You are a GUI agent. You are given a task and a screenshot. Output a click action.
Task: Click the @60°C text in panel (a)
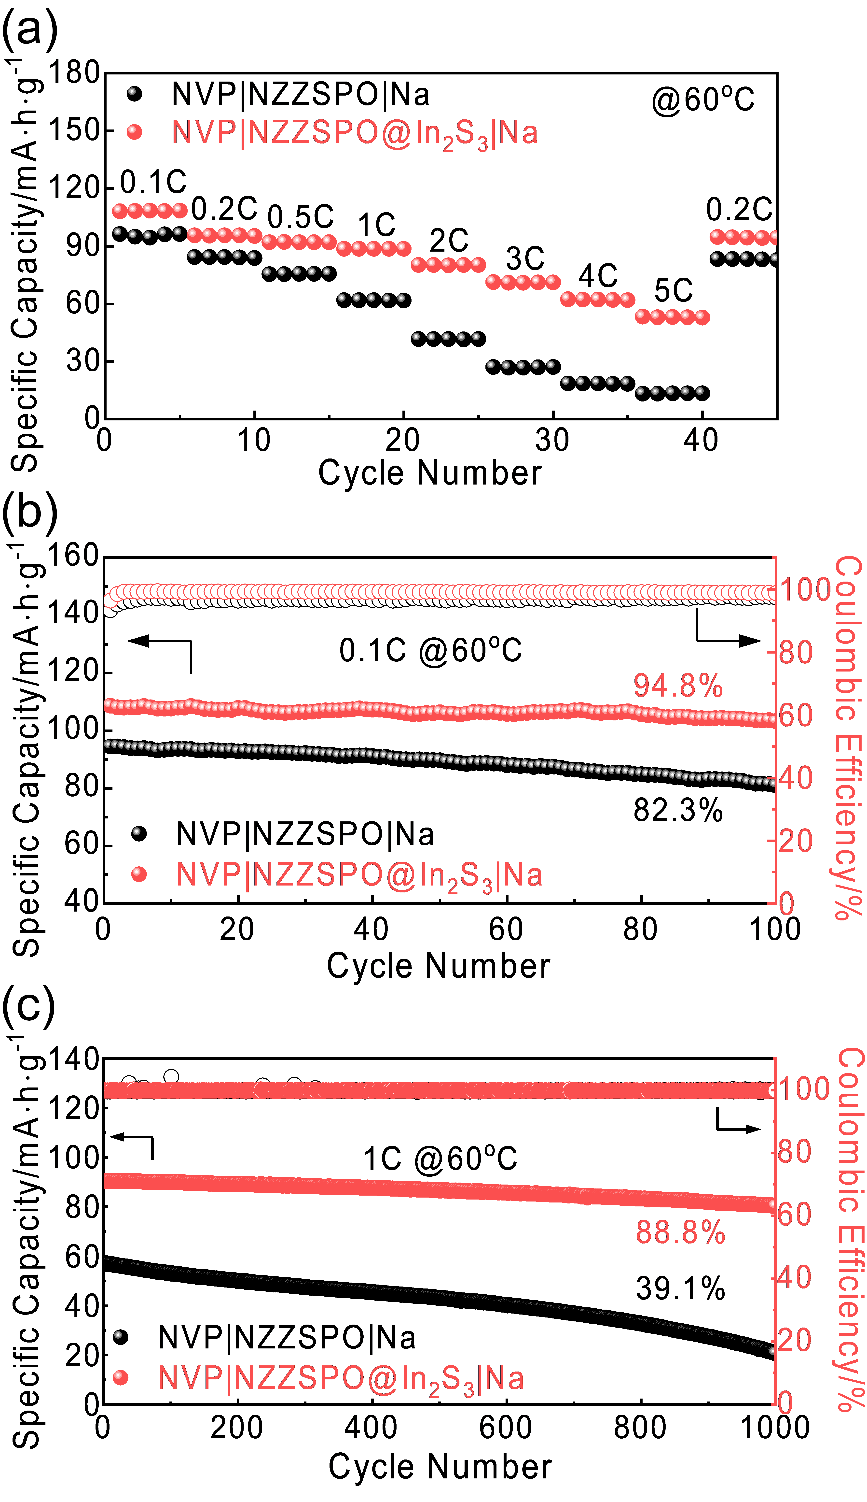click(703, 100)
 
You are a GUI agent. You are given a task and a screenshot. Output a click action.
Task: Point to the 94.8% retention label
click(678, 686)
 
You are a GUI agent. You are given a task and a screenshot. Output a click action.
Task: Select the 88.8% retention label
click(681, 1232)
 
